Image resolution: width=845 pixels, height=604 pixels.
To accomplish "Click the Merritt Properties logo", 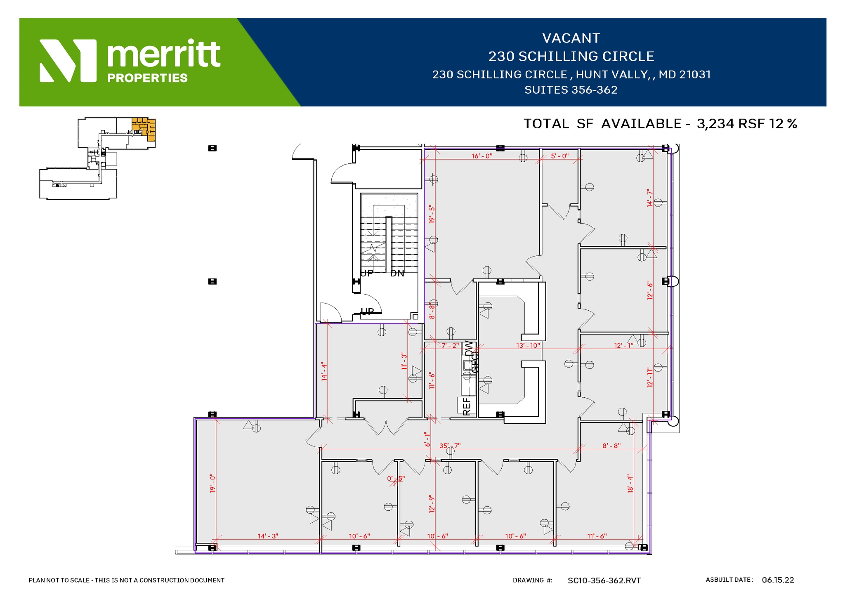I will tap(130, 61).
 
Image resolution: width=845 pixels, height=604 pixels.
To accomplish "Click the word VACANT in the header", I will tap(571, 38).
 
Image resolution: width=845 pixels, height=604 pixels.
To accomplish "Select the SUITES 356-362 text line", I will tap(571, 90).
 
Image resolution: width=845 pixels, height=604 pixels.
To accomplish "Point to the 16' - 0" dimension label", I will tap(482, 156).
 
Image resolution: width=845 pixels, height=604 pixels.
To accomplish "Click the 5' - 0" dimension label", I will tap(559, 156).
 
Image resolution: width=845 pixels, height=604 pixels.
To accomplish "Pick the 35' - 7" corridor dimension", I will tap(450, 446).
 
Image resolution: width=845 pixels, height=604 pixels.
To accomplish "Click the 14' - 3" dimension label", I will tap(268, 536).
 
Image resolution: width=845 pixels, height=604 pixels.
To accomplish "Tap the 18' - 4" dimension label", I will tap(630, 484).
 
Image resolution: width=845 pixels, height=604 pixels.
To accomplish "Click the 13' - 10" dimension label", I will tap(528, 345).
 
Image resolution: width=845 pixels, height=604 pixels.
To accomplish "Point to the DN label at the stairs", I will tap(397, 273).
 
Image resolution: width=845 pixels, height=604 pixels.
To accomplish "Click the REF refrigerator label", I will tap(466, 406).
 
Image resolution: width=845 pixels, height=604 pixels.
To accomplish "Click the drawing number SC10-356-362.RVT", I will tap(604, 580).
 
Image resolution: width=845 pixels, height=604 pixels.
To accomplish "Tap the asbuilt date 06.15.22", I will tap(778, 580).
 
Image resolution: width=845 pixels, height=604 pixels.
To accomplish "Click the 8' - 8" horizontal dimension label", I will tap(611, 446).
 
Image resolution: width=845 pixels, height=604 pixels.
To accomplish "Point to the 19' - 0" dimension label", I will tap(212, 483).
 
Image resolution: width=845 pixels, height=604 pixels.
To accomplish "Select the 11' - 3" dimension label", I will tap(404, 361).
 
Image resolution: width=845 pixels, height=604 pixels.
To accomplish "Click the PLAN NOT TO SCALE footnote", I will tap(126, 580).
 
